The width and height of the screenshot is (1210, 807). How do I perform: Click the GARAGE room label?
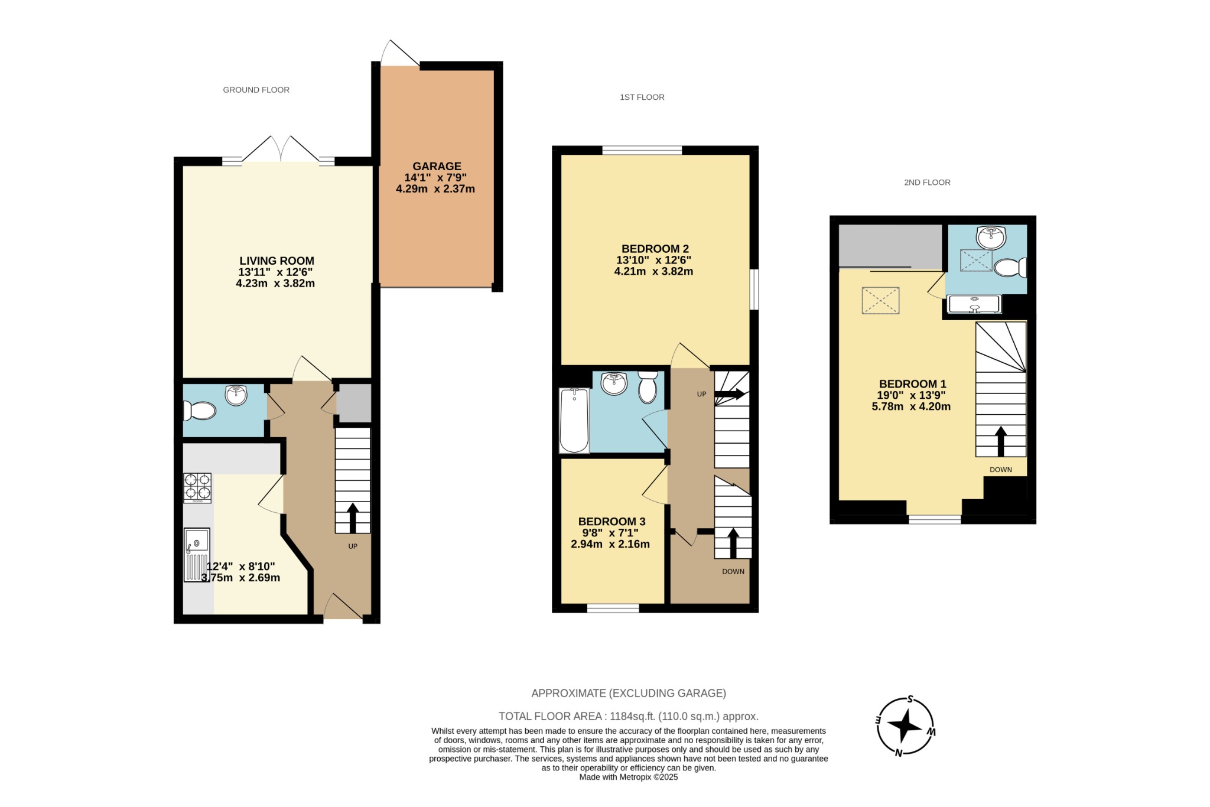click(x=437, y=167)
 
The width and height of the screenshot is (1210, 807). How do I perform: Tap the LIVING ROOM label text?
click(x=277, y=261)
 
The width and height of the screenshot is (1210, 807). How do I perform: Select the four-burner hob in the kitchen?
click(x=197, y=487)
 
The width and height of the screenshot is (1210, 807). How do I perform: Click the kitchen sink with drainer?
click(x=197, y=554)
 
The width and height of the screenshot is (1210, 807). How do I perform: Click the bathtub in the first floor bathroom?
click(x=574, y=420)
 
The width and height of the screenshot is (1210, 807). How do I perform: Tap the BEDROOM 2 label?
click(x=655, y=249)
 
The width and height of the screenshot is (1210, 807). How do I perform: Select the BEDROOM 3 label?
click(x=611, y=522)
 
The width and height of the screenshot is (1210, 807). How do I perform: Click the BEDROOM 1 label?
click(x=912, y=384)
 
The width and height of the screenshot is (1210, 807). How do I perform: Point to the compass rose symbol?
click(x=905, y=727)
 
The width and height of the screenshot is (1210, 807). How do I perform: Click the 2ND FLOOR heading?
click(x=927, y=183)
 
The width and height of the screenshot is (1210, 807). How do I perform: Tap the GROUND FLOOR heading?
click(x=256, y=90)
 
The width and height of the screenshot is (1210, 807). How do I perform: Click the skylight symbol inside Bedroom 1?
click(x=880, y=301)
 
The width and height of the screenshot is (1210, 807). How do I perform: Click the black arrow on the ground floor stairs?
click(x=353, y=518)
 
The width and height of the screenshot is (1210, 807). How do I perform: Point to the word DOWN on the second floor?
click(x=1001, y=470)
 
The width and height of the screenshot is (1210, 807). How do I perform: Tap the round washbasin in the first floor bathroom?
click(x=614, y=384)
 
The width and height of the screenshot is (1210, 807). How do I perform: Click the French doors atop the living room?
click(x=281, y=151)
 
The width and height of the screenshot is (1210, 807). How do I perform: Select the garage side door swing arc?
click(x=397, y=54)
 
